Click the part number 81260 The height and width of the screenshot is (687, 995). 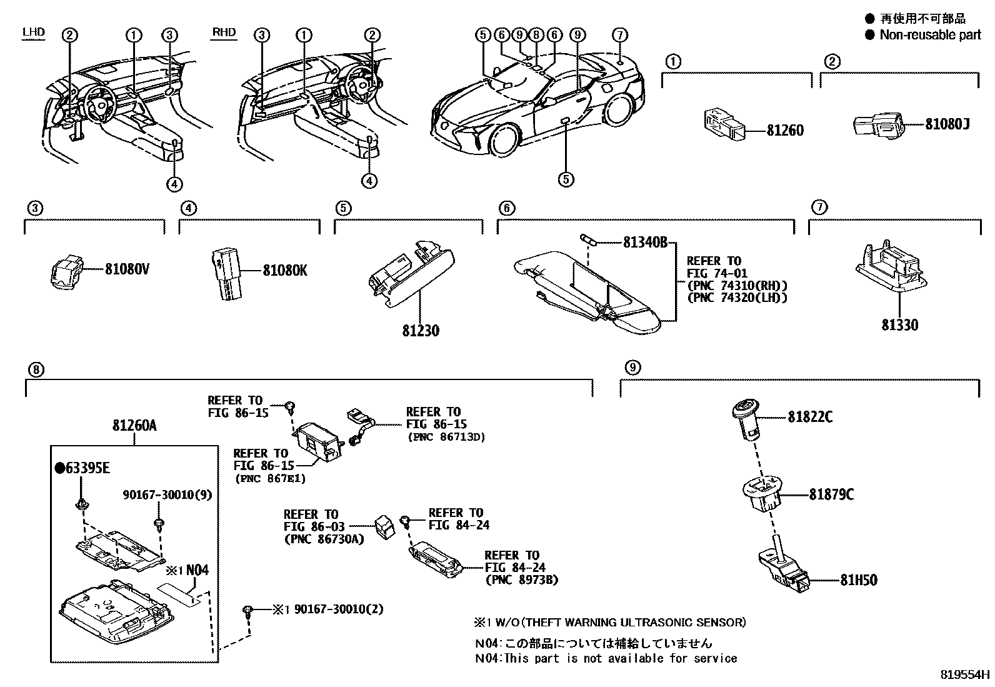tap(785, 131)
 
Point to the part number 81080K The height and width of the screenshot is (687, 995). tap(284, 271)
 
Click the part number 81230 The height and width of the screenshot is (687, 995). tap(421, 330)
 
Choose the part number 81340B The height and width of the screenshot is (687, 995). tap(645, 243)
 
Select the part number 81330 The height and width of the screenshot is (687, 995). tap(900, 324)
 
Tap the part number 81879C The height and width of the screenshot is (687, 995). tap(831, 494)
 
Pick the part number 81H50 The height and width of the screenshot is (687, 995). tap(858, 580)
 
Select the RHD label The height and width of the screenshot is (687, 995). tap(224, 32)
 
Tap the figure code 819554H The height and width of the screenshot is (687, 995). tap(966, 675)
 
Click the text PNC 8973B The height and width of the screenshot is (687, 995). tap(521, 580)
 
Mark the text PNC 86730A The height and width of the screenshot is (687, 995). tap(323, 539)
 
